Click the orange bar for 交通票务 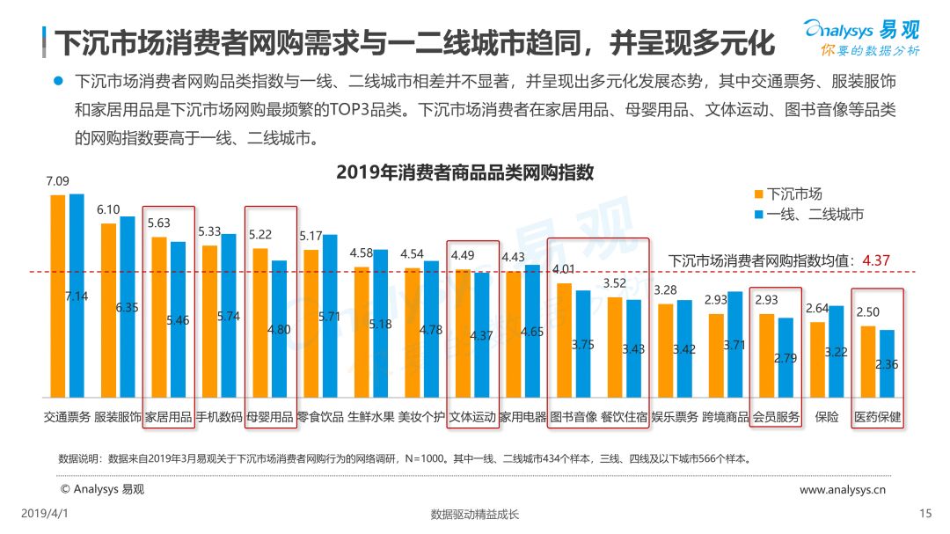[x=58, y=296]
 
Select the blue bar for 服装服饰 [x=128, y=306]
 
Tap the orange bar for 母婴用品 [x=260, y=322]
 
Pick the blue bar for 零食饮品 [x=330, y=315]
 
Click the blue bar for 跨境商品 [x=735, y=344]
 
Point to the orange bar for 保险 [x=818, y=359]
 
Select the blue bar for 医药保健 [x=887, y=363]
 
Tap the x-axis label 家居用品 [x=168, y=418]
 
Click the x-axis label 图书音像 [x=573, y=418]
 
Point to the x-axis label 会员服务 [x=776, y=418]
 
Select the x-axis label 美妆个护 [x=421, y=418]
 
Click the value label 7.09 [x=57, y=181]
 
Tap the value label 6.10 [x=108, y=209]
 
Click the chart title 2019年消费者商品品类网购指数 [x=464, y=172]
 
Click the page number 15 [x=924, y=514]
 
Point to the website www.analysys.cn [x=842, y=489]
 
